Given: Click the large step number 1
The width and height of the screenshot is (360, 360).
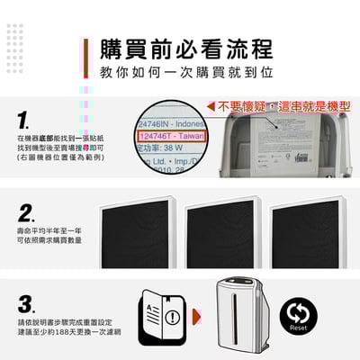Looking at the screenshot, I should click(26, 119).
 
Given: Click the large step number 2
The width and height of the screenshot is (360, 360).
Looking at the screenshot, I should click(26, 211).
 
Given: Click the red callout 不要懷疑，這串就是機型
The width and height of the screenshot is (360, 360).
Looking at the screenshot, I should click(279, 106).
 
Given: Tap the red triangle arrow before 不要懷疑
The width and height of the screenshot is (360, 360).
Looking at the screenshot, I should click(210, 106).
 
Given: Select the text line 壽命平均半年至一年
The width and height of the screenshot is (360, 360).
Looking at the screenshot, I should click(49, 231).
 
